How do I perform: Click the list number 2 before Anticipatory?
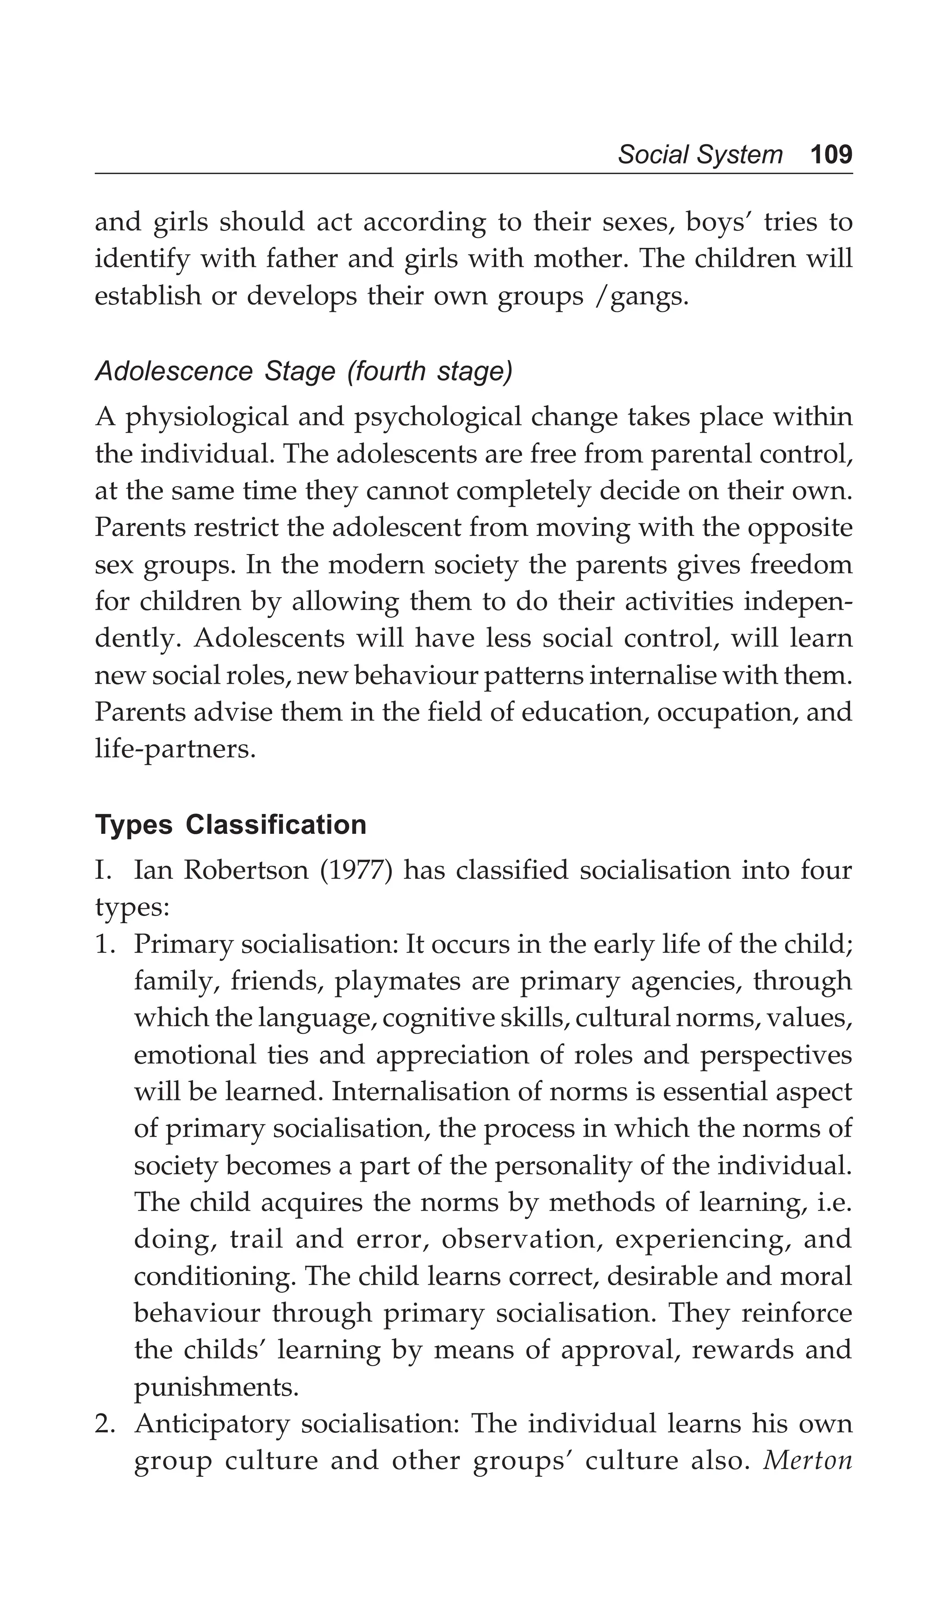tap(102, 1425)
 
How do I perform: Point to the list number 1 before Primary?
tap(102, 945)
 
